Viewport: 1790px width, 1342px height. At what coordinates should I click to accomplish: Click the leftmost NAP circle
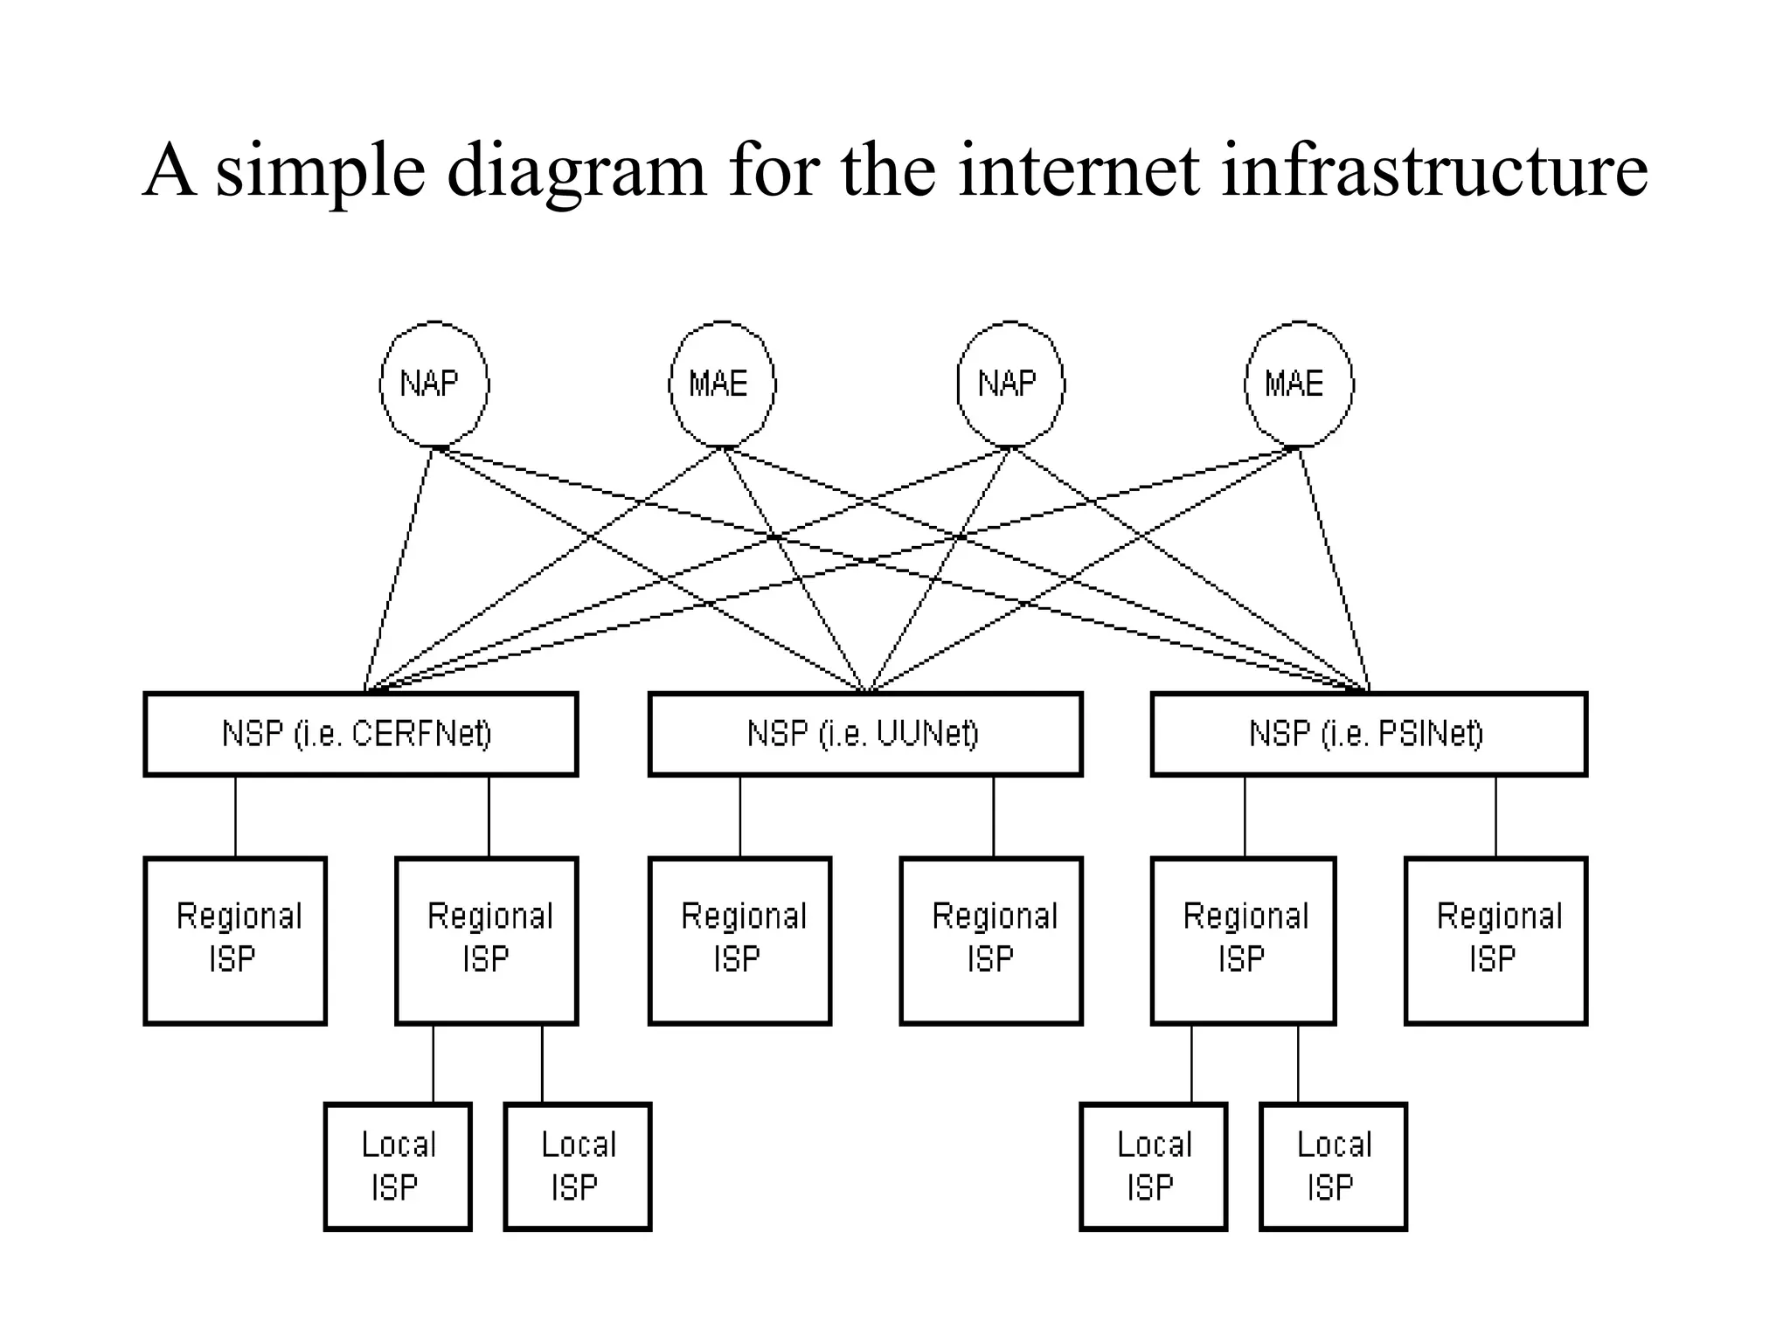point(434,384)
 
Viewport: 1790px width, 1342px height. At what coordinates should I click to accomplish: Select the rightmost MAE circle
point(1298,384)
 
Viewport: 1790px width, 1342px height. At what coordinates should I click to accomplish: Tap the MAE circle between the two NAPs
point(721,384)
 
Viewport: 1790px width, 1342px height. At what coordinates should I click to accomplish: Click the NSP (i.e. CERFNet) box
point(360,734)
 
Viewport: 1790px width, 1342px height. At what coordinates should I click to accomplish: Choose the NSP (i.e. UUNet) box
point(865,734)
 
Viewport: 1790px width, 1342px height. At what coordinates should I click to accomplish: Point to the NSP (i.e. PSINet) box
point(1368,734)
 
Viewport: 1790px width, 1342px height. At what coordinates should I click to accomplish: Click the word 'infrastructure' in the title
point(1433,170)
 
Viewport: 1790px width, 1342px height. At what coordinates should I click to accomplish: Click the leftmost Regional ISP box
point(235,940)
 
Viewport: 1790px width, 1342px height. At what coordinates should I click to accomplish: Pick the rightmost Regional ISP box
point(1495,940)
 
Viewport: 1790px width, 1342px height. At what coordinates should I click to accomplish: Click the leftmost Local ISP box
point(398,1166)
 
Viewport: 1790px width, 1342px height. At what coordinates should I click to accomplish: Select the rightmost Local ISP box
point(1333,1166)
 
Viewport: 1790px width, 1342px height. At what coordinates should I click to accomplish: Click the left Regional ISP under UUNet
point(739,940)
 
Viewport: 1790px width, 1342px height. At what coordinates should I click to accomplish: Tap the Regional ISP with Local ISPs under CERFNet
point(487,940)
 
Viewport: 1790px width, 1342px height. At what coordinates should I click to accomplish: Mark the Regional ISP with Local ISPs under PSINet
point(1243,940)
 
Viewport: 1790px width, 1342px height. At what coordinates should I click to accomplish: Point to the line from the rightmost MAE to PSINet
point(1333,568)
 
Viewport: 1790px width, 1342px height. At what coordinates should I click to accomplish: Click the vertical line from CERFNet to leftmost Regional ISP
point(235,816)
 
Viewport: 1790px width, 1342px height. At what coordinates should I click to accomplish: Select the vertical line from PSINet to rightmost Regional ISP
point(1495,816)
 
